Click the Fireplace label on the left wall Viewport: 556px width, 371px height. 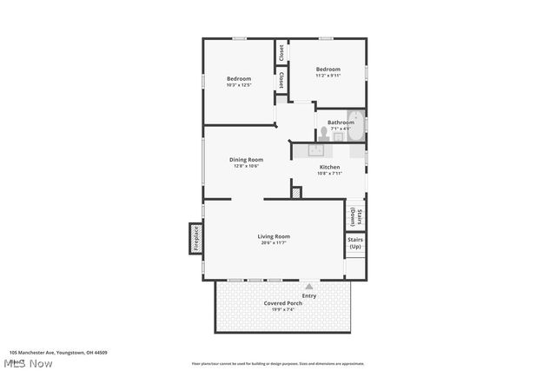point(195,238)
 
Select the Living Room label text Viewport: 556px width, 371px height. point(274,236)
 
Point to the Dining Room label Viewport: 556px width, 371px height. point(246,160)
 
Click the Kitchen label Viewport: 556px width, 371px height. point(329,167)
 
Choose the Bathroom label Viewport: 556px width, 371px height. point(341,123)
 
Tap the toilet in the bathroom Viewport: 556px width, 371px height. point(323,133)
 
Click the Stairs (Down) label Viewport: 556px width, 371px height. point(356,215)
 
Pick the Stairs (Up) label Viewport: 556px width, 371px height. point(355,242)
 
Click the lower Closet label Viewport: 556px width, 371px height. point(281,80)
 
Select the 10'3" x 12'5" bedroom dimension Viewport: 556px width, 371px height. point(239,85)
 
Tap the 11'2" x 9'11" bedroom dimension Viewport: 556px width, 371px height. point(328,76)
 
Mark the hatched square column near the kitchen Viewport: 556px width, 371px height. point(297,193)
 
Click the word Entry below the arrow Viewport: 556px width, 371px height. point(309,295)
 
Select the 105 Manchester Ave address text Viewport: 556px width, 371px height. point(58,353)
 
